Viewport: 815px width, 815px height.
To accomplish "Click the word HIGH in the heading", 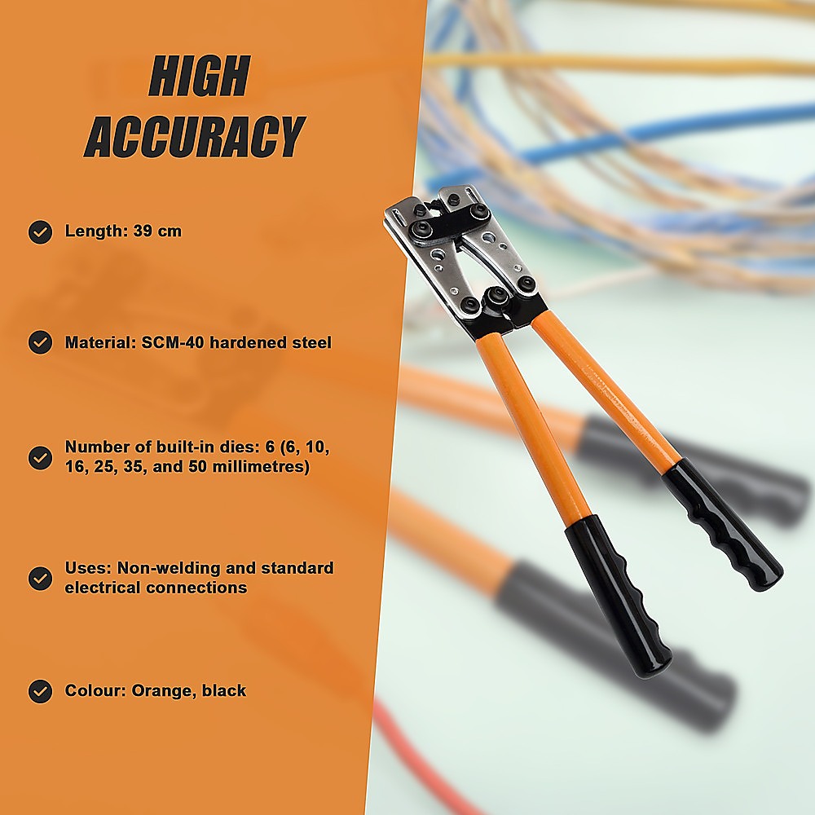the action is [200, 76].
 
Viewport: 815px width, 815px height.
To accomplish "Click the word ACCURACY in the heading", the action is [195, 136].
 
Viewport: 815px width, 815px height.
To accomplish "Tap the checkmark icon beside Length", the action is [40, 231].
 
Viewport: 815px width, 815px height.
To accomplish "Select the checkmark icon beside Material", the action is [40, 342].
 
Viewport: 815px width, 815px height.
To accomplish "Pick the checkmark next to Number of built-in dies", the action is [40, 457].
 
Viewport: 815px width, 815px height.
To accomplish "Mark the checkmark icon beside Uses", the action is [40, 578].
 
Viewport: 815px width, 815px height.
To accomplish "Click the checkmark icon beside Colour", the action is [40, 691].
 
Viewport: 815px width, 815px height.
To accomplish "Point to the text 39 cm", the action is [157, 231].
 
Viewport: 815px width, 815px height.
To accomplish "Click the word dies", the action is [244, 447].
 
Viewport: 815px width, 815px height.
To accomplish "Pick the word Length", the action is [97, 231].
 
